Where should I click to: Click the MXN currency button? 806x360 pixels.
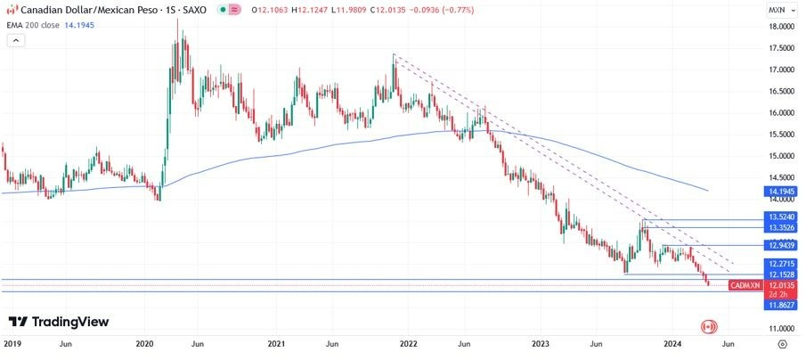pyautogui.click(x=777, y=10)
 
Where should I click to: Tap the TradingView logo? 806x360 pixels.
pyautogui.click(x=59, y=321)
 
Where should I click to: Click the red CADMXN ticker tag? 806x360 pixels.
pyautogui.click(x=745, y=285)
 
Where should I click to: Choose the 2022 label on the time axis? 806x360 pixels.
pyautogui.click(x=409, y=343)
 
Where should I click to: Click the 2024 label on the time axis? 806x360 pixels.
pyautogui.click(x=672, y=343)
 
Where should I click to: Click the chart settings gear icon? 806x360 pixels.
pyautogui.click(x=782, y=343)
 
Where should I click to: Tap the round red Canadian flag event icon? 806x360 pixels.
pyautogui.click(x=709, y=327)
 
